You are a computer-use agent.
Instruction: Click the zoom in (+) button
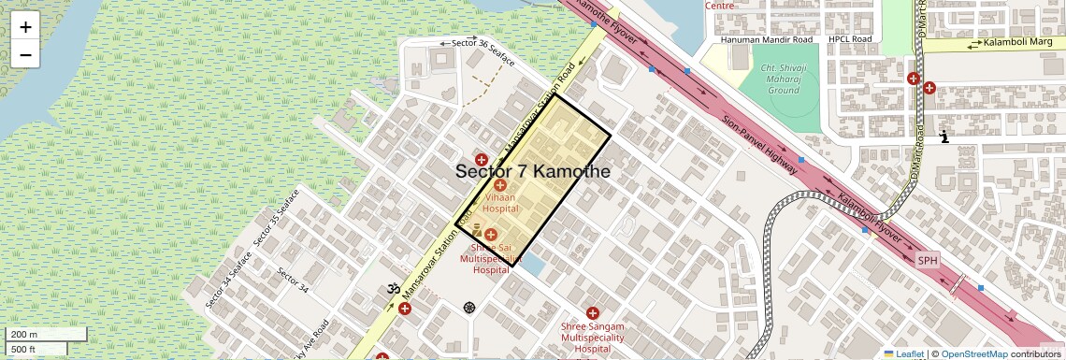(x=25, y=27)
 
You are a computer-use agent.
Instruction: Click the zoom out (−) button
(x=25, y=55)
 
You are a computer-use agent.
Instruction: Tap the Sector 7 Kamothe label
(x=532, y=172)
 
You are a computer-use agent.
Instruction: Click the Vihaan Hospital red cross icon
(x=500, y=186)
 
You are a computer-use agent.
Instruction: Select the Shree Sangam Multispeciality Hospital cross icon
(x=592, y=312)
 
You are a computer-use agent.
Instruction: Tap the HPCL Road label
(x=849, y=39)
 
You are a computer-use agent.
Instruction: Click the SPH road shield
(x=927, y=260)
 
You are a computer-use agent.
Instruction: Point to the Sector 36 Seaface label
(x=483, y=43)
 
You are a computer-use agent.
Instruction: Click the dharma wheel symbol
(x=468, y=307)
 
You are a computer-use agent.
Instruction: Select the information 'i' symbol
(x=944, y=137)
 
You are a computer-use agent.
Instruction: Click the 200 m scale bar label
(x=23, y=335)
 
